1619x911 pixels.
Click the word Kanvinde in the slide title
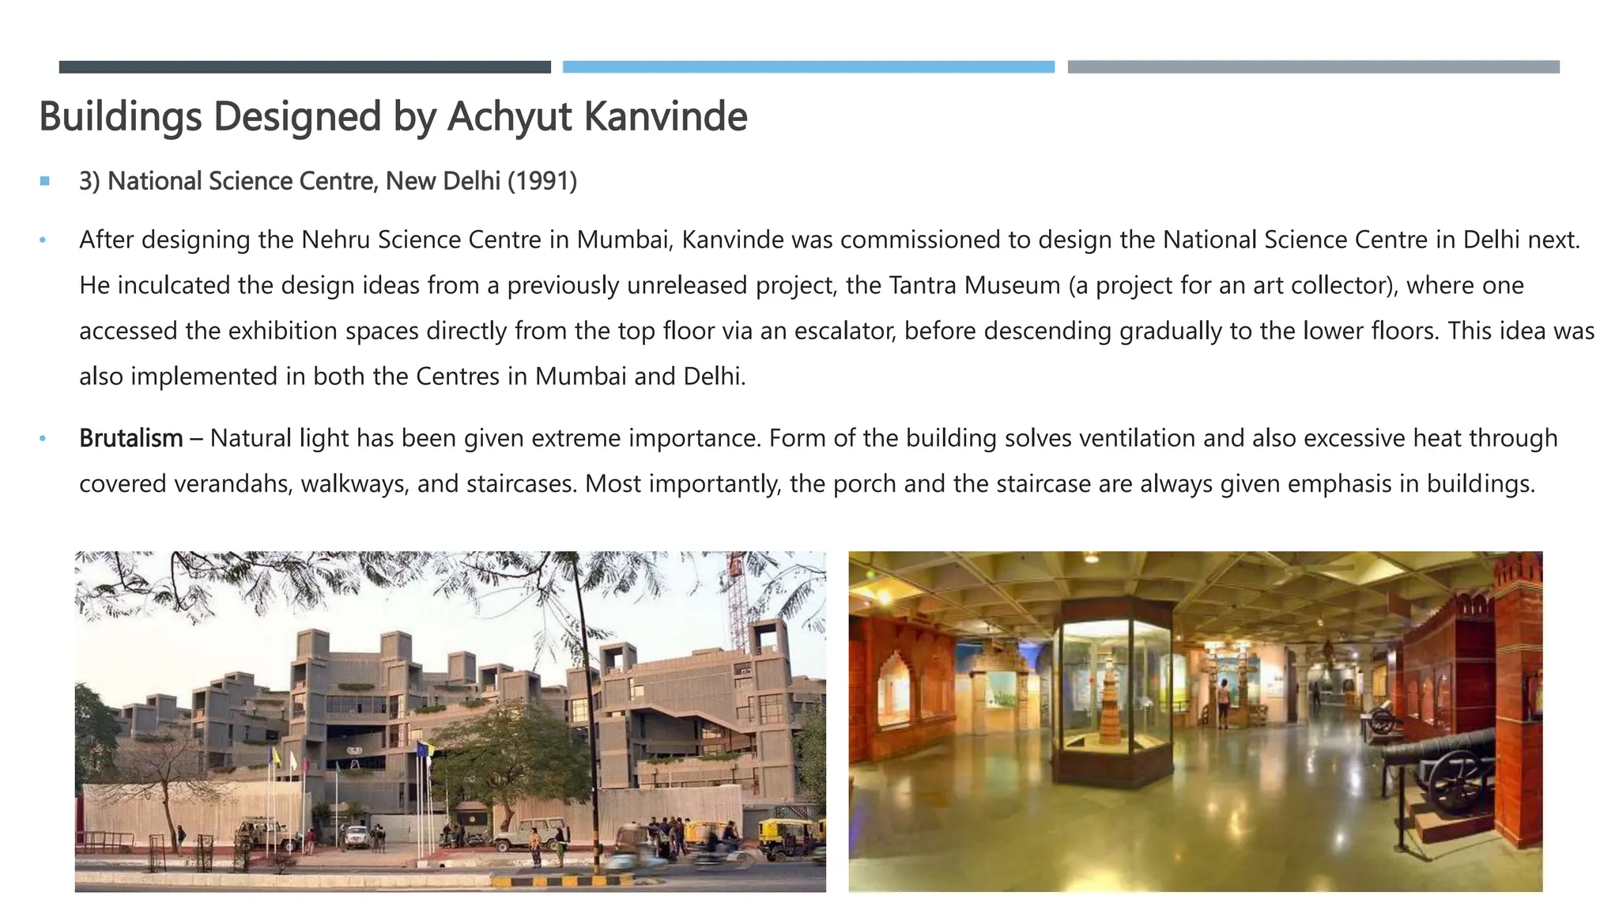pos(665,116)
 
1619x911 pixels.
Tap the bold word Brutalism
pos(130,438)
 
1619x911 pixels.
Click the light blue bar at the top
pos(808,67)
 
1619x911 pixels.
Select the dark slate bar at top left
pos(304,67)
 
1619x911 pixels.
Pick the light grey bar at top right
pos(1313,67)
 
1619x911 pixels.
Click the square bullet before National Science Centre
pos(45,181)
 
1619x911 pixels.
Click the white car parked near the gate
pos(357,834)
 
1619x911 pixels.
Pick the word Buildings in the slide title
pos(119,116)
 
